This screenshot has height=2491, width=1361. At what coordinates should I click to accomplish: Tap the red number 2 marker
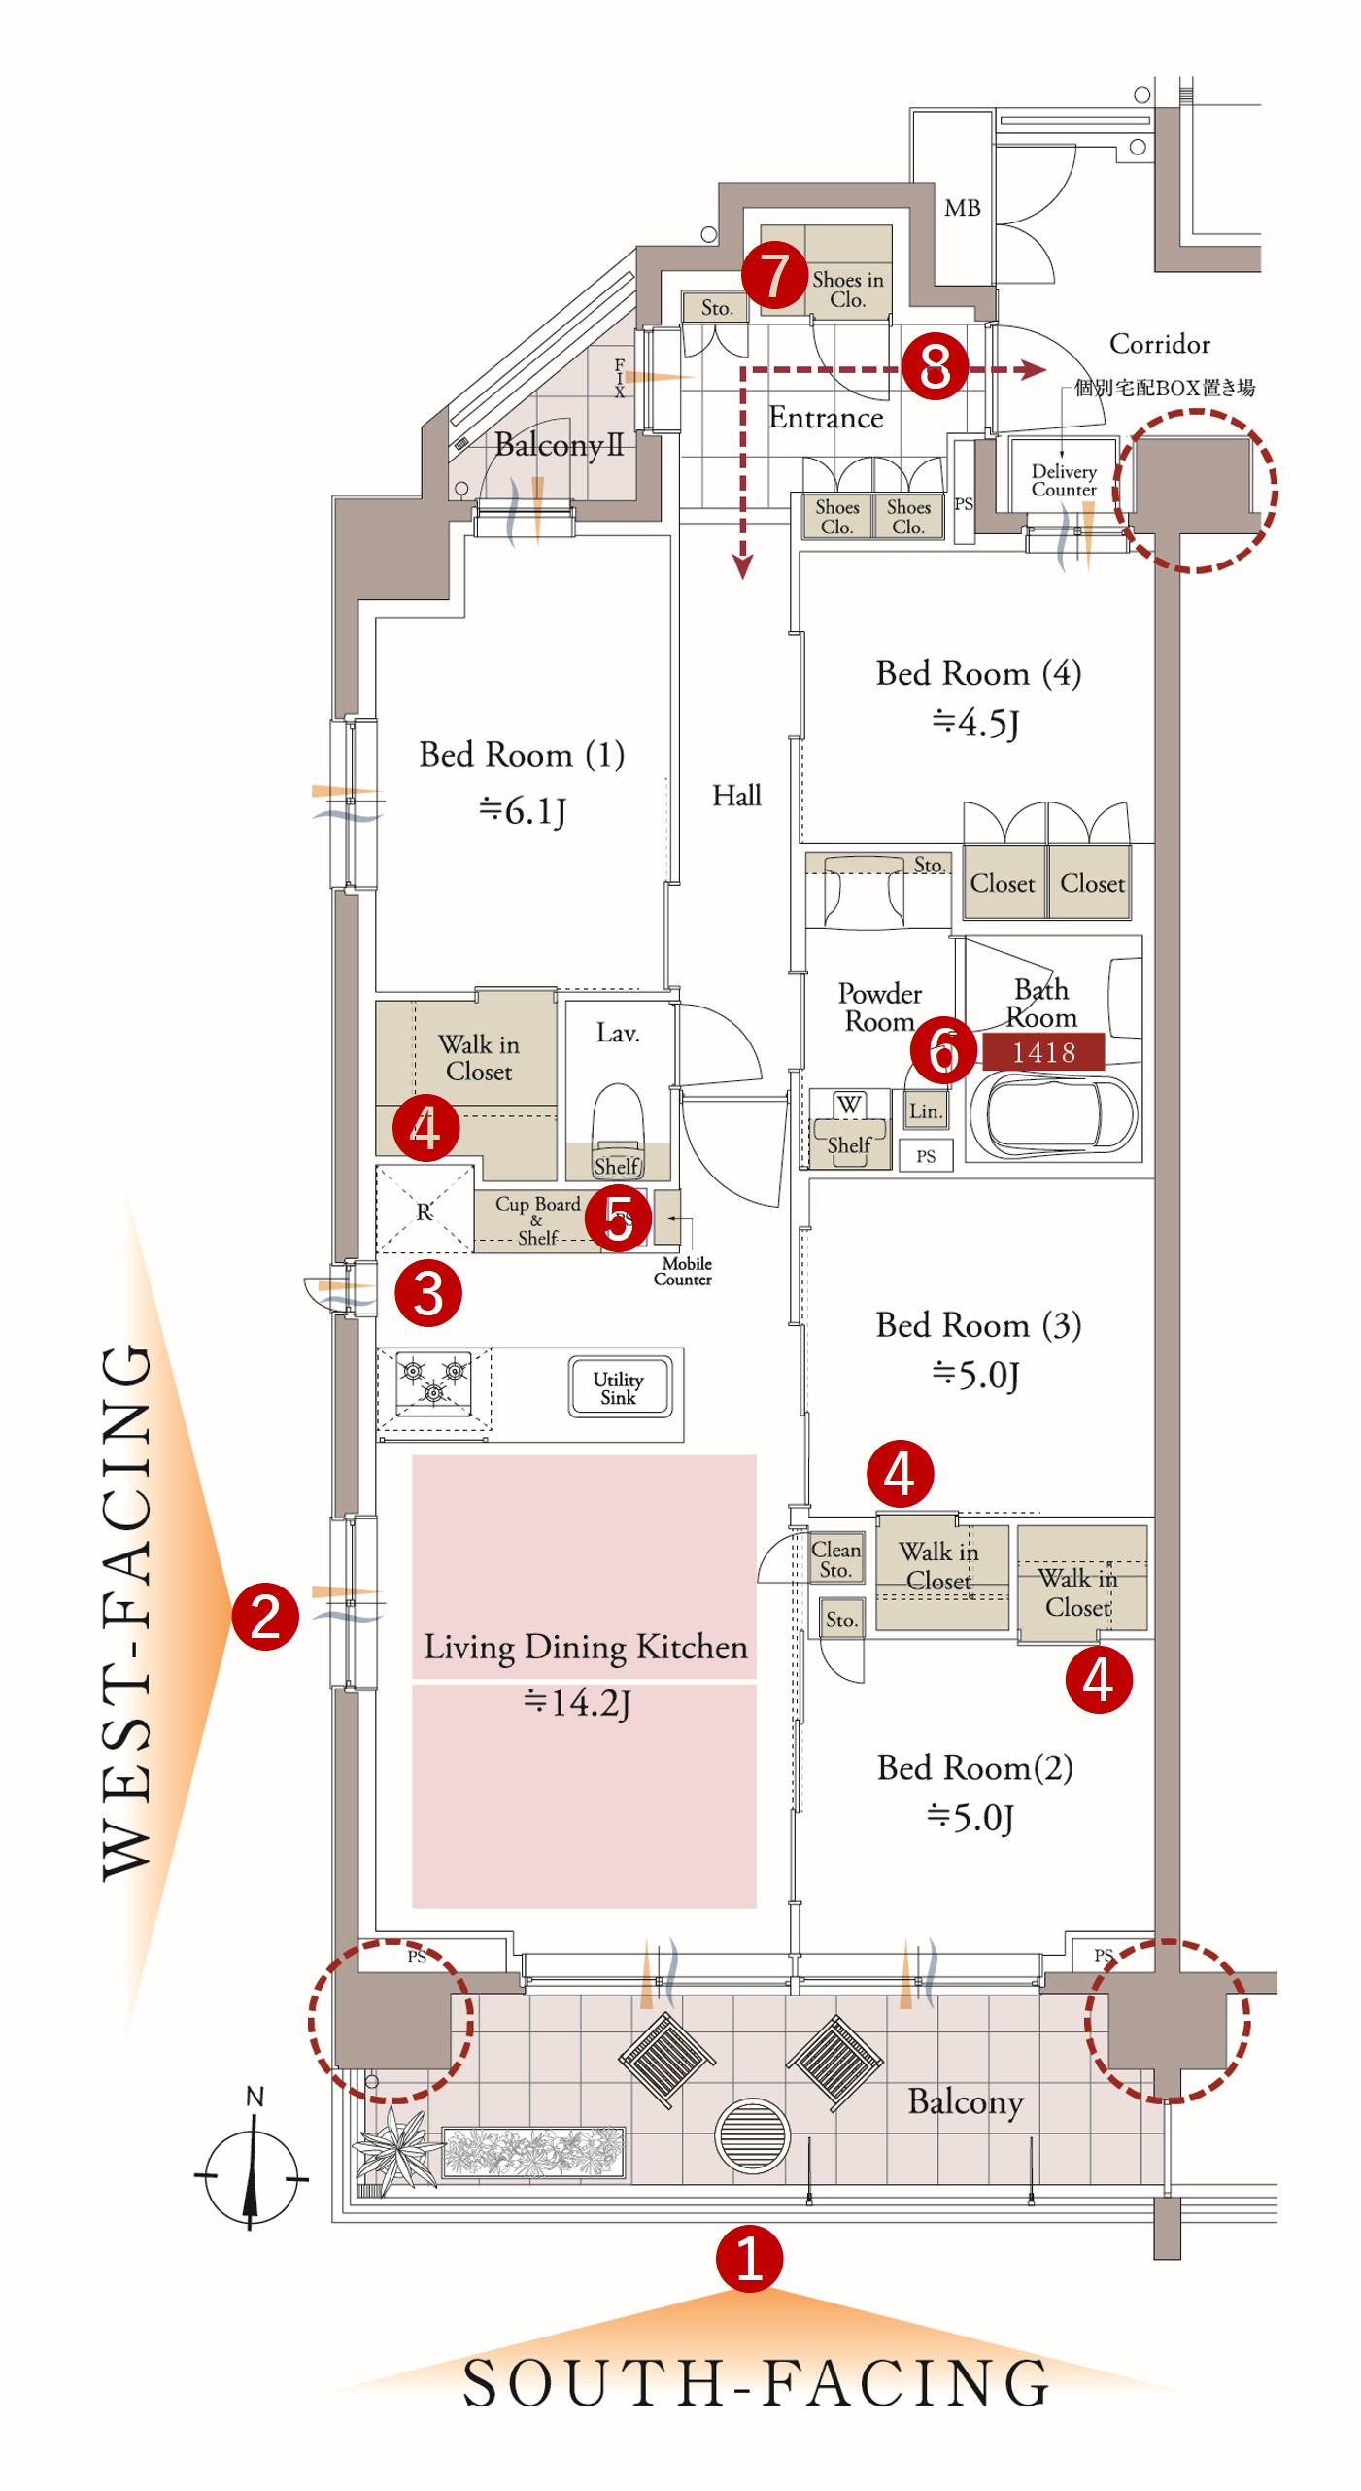pyautogui.click(x=264, y=1617)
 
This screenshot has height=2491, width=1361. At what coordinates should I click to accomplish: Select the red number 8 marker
pyautogui.click(x=935, y=366)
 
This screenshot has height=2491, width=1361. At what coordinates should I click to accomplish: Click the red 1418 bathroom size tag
pyautogui.click(x=1043, y=1051)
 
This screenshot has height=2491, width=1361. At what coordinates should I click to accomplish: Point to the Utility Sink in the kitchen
pyautogui.click(x=619, y=1388)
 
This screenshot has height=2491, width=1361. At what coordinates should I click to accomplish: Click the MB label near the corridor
pyautogui.click(x=962, y=208)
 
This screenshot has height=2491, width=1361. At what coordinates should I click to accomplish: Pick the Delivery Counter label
pyautogui.click(x=1064, y=480)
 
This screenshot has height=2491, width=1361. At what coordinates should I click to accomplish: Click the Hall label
pyautogui.click(x=736, y=796)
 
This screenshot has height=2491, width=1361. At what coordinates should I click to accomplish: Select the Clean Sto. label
pyautogui.click(x=835, y=1559)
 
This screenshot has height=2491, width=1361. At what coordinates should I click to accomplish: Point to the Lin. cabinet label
pyautogui.click(x=926, y=1110)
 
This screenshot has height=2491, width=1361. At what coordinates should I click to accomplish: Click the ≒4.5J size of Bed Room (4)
pyautogui.click(x=975, y=723)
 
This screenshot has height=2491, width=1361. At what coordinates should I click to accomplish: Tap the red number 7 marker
pyautogui.click(x=774, y=276)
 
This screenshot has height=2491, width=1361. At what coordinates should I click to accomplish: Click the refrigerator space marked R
pyautogui.click(x=425, y=1211)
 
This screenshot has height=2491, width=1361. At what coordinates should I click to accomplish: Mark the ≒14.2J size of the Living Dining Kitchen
pyautogui.click(x=577, y=1702)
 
